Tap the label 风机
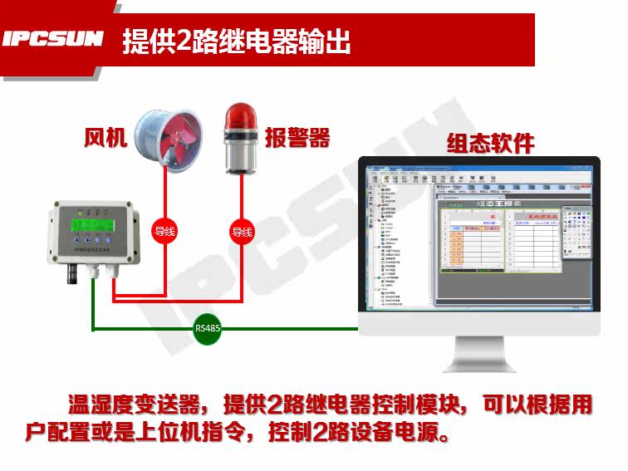point(106,137)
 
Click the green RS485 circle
point(208,328)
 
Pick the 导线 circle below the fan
point(165,232)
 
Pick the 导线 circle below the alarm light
point(241,232)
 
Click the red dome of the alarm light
point(242,116)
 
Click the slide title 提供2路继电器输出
point(236,40)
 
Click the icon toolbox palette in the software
point(576,233)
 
